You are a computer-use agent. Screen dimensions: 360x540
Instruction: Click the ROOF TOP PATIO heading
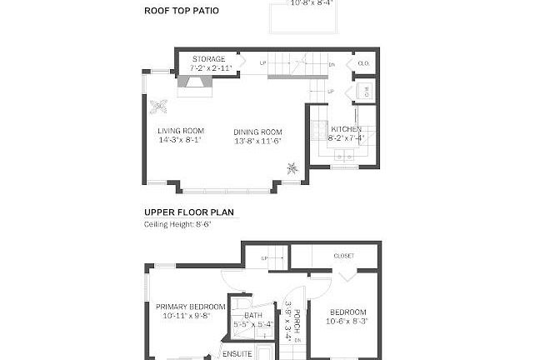181,11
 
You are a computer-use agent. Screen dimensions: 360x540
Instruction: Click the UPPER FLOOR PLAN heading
191,212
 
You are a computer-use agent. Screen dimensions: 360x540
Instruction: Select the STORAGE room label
208,59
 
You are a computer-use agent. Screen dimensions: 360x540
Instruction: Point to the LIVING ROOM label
181,132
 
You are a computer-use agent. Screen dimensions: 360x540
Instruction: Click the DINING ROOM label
257,132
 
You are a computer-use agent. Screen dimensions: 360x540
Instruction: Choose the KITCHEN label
346,130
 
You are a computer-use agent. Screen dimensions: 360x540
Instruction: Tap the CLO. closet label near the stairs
363,63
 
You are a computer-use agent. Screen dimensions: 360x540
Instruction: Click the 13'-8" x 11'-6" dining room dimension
257,141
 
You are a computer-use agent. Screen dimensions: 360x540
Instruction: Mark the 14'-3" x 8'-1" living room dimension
181,141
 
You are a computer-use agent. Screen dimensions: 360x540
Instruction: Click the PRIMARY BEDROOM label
190,307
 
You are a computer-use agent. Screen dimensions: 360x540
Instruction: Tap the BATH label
253,315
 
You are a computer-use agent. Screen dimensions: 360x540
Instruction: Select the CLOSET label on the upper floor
343,256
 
